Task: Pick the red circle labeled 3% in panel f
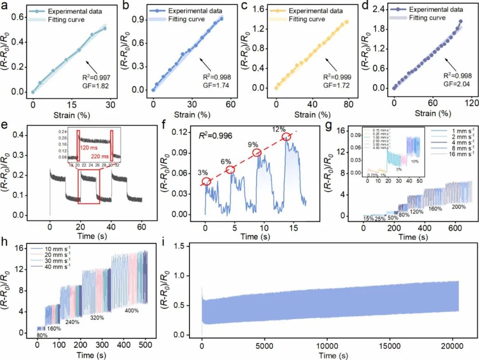[x=207, y=181]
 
